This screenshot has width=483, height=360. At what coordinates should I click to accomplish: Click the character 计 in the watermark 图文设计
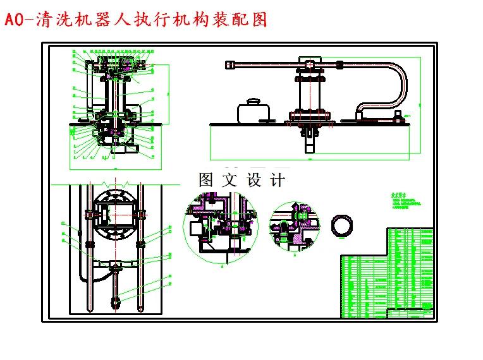point(277,180)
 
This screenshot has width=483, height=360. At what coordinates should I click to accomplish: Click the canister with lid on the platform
point(254,112)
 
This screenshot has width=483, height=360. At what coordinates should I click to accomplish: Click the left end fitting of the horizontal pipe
point(230,64)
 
